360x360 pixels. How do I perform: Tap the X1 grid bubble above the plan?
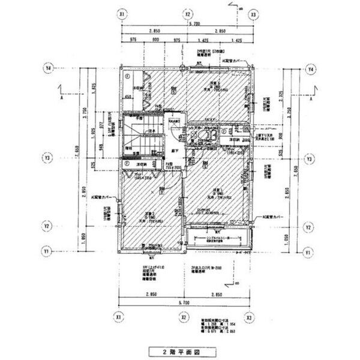(122, 13)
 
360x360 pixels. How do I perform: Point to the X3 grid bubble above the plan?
(253, 13)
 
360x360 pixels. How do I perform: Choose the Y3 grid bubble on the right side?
(310, 159)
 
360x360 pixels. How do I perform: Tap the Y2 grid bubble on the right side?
(310, 227)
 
